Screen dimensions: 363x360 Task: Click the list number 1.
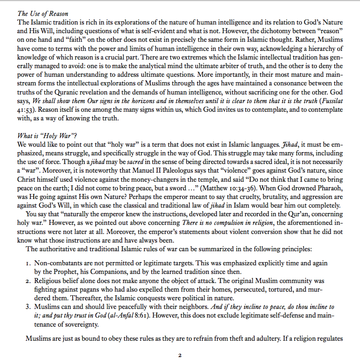(x=28, y=263)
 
